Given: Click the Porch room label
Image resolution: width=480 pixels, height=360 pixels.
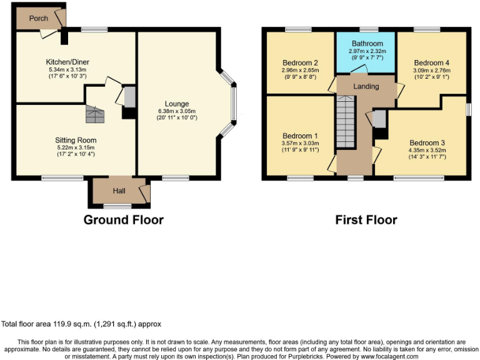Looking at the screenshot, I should pyautogui.click(x=38, y=18).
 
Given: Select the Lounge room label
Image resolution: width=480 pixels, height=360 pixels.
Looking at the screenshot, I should pyautogui.click(x=177, y=104).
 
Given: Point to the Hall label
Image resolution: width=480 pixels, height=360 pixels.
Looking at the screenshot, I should pyautogui.click(x=119, y=191).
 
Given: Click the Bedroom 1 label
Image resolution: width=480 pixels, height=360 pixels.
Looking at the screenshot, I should pyautogui.click(x=300, y=136).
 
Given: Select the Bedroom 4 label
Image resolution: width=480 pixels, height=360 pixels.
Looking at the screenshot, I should pyautogui.click(x=431, y=63).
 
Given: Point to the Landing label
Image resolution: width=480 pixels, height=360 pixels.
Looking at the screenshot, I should pyautogui.click(x=366, y=86).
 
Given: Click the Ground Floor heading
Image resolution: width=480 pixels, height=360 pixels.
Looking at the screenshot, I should pyautogui.click(x=123, y=220).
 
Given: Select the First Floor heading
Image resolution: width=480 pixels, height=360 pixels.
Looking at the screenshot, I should pyautogui.click(x=366, y=220).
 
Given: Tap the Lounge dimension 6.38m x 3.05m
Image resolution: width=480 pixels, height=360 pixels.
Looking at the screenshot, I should pyautogui.click(x=177, y=112).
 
